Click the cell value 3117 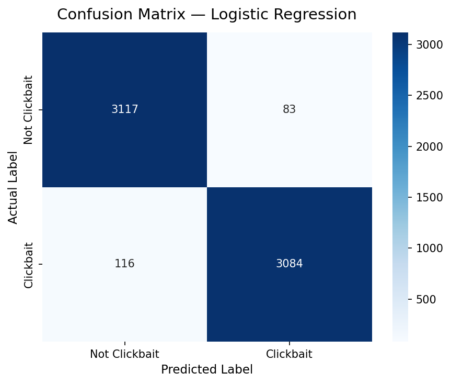124,110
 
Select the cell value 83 289,110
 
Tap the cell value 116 124,264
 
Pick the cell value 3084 289,264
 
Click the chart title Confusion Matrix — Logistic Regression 206,15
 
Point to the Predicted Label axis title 206,369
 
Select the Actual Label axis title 13,187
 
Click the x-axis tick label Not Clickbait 124,354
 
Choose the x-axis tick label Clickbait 289,354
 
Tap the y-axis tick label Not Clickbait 29,110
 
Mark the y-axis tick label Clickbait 29,265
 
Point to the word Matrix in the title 166,15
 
